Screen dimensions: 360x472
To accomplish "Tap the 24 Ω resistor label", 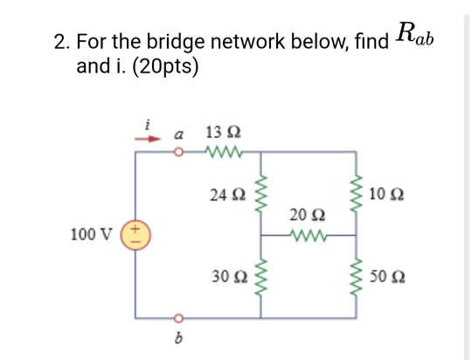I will tap(223, 192).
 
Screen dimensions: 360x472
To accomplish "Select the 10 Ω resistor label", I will tap(386, 192).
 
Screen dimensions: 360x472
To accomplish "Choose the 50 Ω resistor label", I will tap(386, 276).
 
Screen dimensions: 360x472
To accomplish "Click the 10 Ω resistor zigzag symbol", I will tap(355, 193).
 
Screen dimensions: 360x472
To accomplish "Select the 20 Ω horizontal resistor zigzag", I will tap(306, 234).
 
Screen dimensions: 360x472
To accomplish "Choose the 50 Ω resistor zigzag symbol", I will tap(355, 276).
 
